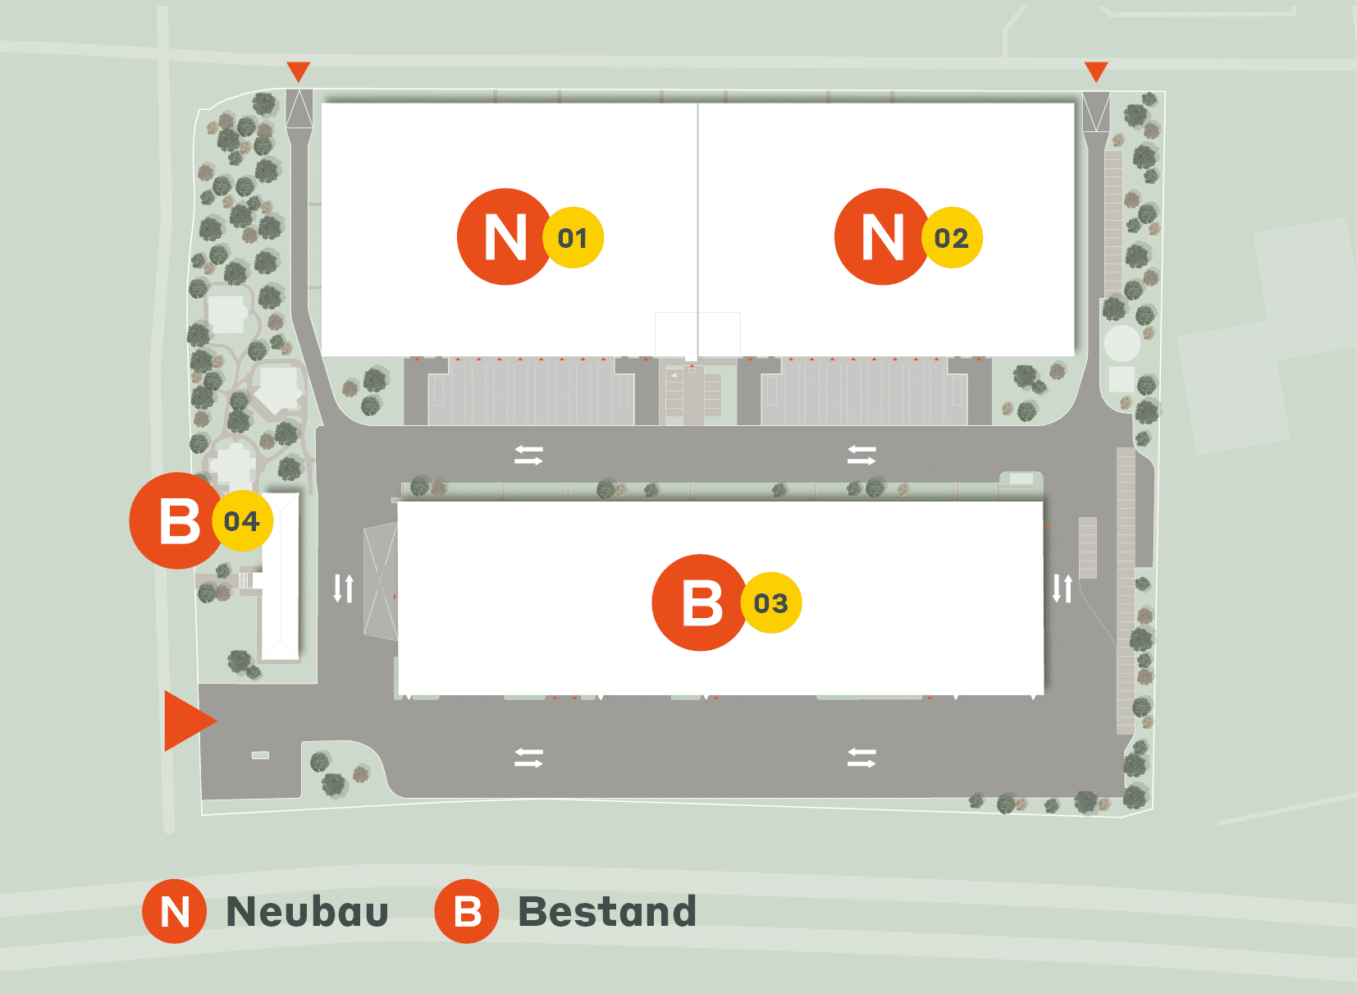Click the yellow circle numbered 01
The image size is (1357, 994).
point(573,237)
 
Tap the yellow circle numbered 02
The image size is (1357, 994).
point(952,237)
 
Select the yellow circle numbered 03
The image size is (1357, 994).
point(771,603)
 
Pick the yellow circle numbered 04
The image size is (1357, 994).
point(242,520)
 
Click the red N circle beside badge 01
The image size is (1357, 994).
point(504,236)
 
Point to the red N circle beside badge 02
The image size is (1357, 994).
point(882,236)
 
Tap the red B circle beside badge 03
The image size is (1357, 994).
point(700,602)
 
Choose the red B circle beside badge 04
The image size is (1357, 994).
point(177,520)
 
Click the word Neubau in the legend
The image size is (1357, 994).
point(307,912)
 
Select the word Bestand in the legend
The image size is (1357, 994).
point(608,912)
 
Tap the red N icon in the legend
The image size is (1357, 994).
point(175,911)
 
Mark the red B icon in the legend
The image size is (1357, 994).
point(467,911)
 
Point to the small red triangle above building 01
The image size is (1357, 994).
point(299,71)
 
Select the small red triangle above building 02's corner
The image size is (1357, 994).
point(1096,71)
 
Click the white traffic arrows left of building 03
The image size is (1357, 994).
point(344,588)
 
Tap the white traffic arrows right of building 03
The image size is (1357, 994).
point(1062,588)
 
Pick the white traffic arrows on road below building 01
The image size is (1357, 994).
point(529,456)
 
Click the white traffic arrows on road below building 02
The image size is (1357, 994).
point(861,456)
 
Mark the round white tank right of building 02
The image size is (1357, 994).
point(1122,343)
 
